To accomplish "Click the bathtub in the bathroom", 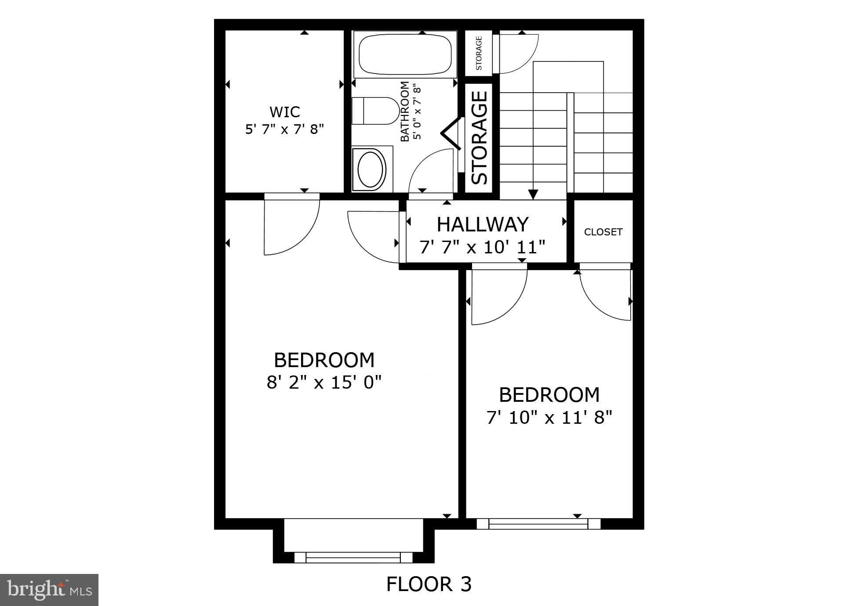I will tap(405, 55).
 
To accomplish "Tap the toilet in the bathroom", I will tap(375, 111).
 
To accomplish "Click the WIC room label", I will tap(285, 112).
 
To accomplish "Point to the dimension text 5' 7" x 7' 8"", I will tap(284, 130).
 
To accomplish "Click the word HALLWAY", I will tap(482, 225).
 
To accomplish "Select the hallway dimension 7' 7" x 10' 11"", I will tap(482, 247).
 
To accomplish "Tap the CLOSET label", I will tap(603, 232).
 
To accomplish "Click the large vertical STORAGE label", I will tap(479, 137).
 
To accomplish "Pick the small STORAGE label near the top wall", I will tap(479, 53).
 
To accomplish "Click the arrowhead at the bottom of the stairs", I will tap(533, 194).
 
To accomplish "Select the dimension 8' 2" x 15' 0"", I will tap(324, 382).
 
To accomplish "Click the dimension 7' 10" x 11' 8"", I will tap(549, 418).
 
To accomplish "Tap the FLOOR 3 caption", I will tap(429, 584).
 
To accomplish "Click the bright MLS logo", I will tap(49, 590).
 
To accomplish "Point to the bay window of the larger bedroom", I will tap(353, 557).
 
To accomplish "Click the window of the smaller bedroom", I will tap(538, 523).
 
